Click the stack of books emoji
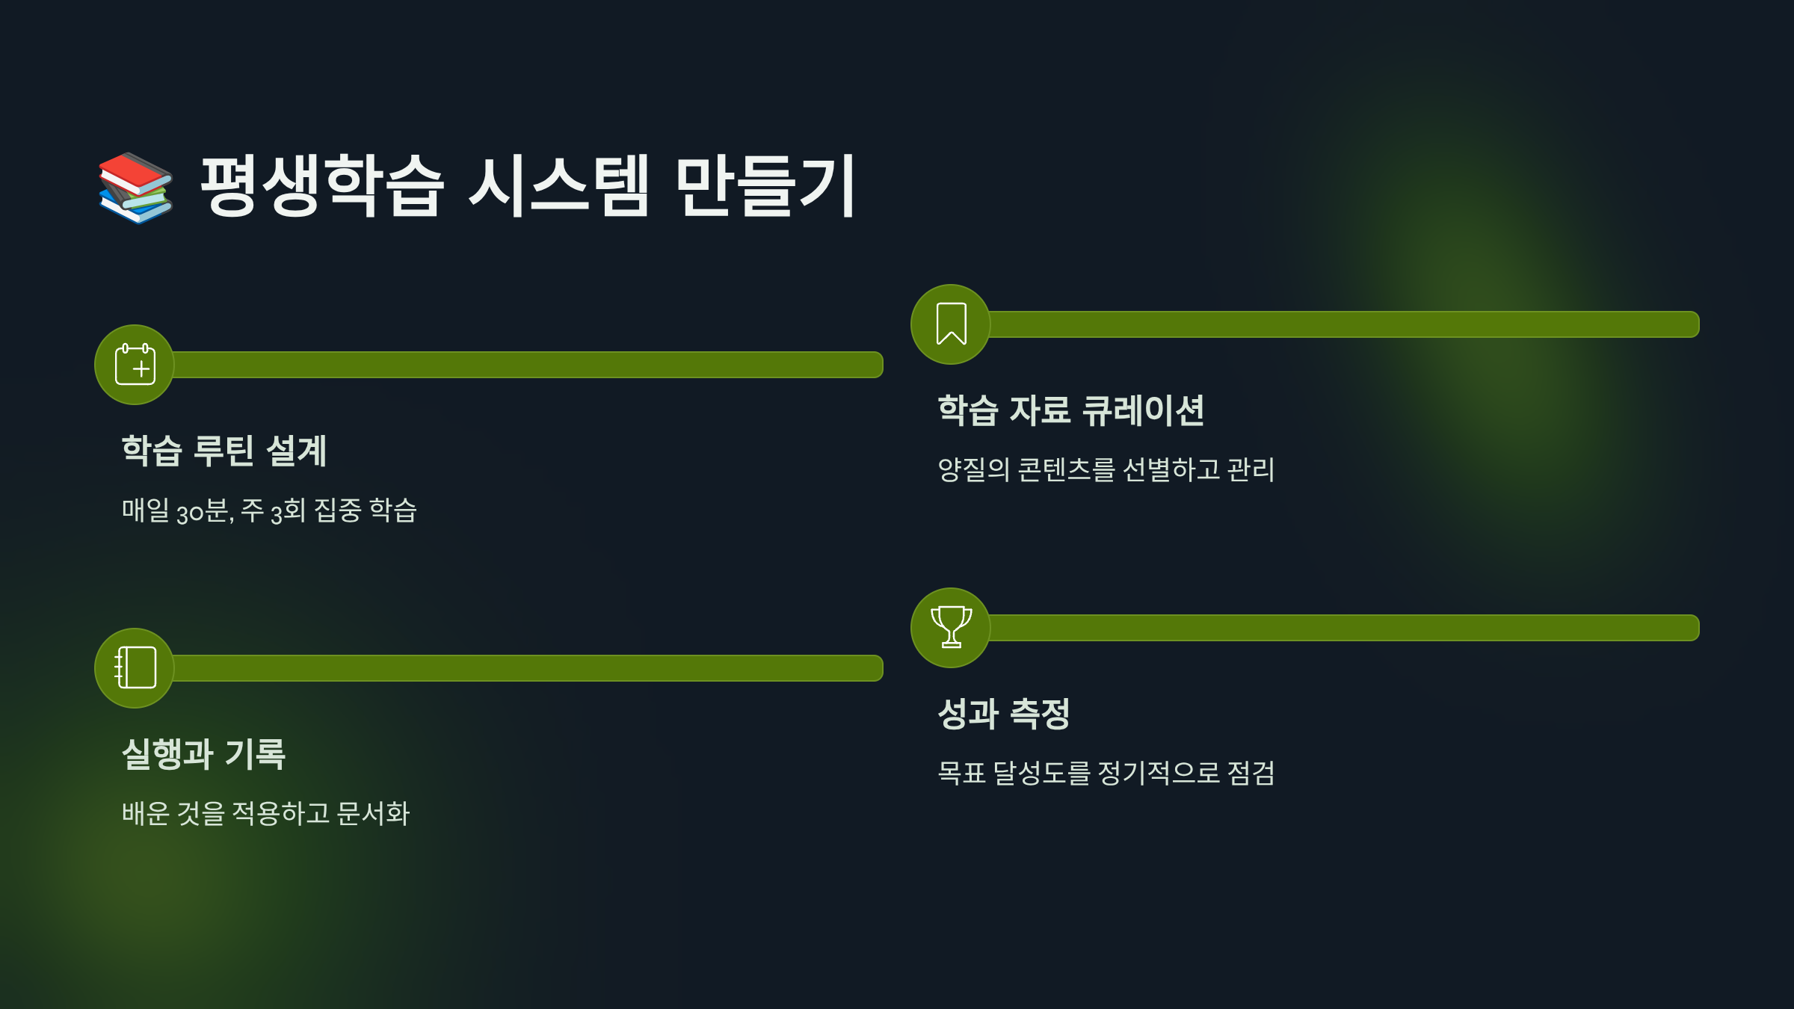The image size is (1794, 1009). tap(136, 188)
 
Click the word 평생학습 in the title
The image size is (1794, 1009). tap(322, 186)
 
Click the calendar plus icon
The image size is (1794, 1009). tap(135, 365)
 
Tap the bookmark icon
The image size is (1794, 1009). tap(951, 324)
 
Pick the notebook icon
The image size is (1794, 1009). tap(135, 667)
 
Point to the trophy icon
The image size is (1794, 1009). tap(951, 627)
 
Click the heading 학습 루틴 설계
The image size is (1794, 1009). tap(224, 451)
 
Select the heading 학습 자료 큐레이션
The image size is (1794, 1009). tap(1070, 410)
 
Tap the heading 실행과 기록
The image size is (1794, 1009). tap(203, 753)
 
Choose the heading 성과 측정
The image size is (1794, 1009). tap(1003, 713)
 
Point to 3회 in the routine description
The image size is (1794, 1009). tap(288, 511)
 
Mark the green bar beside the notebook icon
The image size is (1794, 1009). tap(528, 667)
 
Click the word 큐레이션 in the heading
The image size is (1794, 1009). tap(1144, 410)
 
